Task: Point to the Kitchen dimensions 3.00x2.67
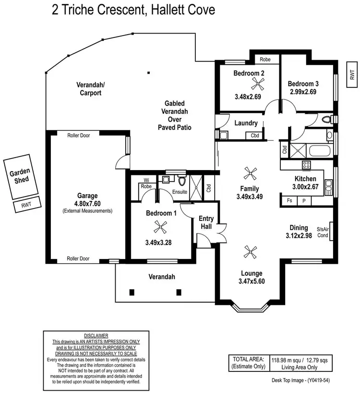pos(306,187)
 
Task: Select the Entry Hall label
pos(206,222)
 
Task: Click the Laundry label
pos(246,123)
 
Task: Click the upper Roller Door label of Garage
pos(78,135)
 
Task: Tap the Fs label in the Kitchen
pos(289,200)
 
